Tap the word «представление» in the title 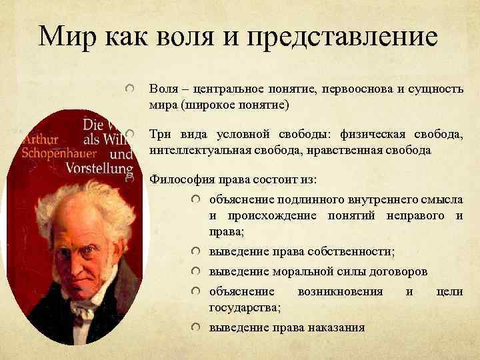(343, 37)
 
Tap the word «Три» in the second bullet (161, 135)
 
